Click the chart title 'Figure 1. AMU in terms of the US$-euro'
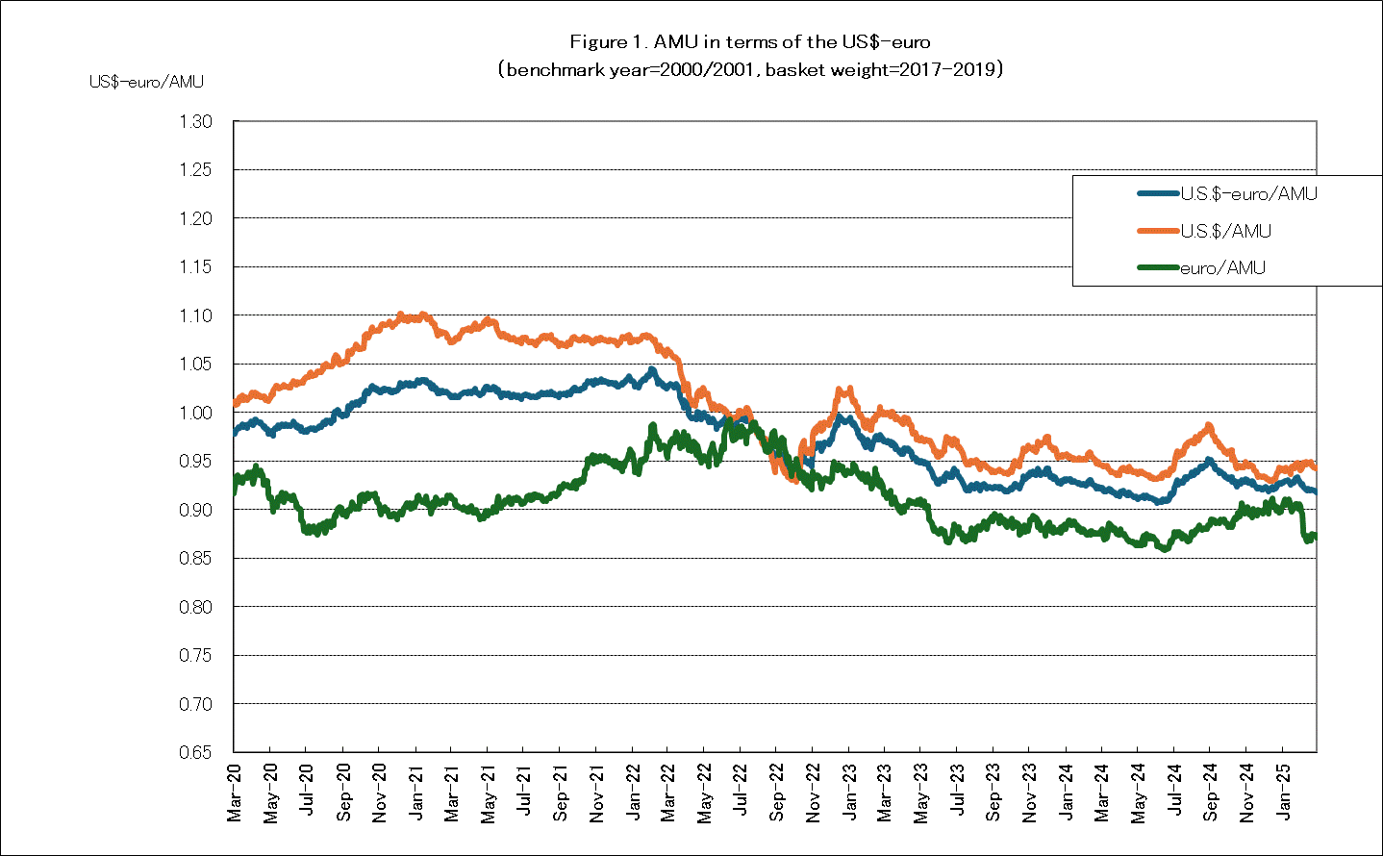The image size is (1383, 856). pyautogui.click(x=749, y=41)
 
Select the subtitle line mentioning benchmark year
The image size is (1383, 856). pyautogui.click(x=749, y=69)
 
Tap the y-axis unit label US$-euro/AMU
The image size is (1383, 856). pyautogui.click(x=146, y=82)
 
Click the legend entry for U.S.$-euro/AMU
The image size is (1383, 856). pyautogui.click(x=1248, y=193)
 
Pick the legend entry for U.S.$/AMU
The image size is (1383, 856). pyautogui.click(x=1225, y=231)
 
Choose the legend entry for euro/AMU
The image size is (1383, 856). pyautogui.click(x=1222, y=267)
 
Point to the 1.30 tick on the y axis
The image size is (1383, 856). pyautogui.click(x=194, y=122)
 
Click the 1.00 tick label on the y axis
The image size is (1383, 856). pyautogui.click(x=194, y=413)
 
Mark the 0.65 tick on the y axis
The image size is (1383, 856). pyautogui.click(x=194, y=752)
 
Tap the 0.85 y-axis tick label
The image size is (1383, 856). pyautogui.click(x=194, y=558)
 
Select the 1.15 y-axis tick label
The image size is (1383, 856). pyautogui.click(x=194, y=266)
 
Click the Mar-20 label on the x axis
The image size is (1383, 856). pyautogui.click(x=235, y=793)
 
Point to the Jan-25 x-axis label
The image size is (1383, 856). pyautogui.click(x=1283, y=793)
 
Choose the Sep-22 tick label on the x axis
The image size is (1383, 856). pyautogui.click(x=777, y=793)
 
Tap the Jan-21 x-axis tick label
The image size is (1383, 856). pyautogui.click(x=415, y=793)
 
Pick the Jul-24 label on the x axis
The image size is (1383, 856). pyautogui.click(x=1174, y=793)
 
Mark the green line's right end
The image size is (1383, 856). pyautogui.click(x=1314, y=536)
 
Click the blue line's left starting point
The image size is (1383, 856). pyautogui.click(x=235, y=432)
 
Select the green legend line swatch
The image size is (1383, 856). pyautogui.click(x=1158, y=267)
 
